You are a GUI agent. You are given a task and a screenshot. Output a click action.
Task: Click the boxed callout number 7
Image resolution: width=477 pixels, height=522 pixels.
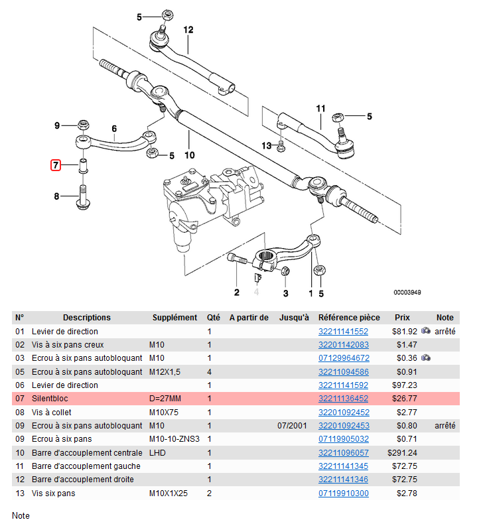(x=56, y=164)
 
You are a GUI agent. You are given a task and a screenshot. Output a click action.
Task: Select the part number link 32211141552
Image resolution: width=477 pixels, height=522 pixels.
(x=343, y=331)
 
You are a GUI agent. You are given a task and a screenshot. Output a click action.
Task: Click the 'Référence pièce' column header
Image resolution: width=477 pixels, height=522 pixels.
(x=350, y=317)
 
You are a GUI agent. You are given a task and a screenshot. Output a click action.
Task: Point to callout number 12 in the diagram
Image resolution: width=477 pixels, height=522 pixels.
(x=188, y=30)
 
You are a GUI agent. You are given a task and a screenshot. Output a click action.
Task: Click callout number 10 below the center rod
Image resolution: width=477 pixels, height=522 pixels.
(x=189, y=156)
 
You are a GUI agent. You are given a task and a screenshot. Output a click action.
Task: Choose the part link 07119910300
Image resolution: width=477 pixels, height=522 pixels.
(x=343, y=493)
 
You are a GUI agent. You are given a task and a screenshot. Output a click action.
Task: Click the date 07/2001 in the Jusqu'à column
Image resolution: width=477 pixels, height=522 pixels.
(x=293, y=425)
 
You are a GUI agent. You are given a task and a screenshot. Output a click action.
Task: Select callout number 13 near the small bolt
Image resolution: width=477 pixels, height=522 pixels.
(x=267, y=145)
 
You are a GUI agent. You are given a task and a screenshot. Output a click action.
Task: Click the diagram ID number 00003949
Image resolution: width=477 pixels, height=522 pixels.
(x=407, y=292)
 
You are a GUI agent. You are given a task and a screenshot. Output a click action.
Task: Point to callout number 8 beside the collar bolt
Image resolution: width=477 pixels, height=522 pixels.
(x=56, y=196)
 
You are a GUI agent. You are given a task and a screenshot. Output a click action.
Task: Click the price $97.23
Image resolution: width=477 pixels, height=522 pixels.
(x=404, y=385)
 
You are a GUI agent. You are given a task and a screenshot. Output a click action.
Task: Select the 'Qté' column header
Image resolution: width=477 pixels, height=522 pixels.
(x=213, y=317)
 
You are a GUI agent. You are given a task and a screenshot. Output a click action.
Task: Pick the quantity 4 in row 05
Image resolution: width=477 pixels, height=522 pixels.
(x=209, y=371)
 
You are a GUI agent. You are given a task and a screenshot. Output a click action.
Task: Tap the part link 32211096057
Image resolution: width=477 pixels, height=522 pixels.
(x=343, y=452)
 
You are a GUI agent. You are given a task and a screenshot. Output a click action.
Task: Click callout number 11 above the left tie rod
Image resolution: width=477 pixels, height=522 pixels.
(x=320, y=108)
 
